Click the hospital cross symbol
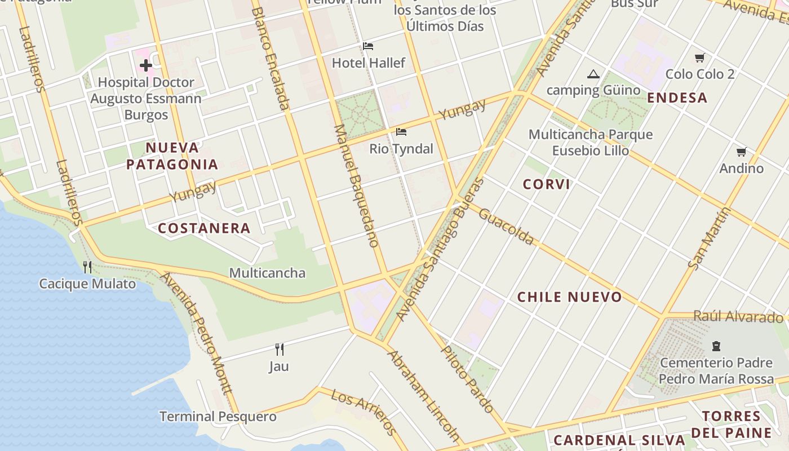(146, 65)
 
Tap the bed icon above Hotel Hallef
(368, 46)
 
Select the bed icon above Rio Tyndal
(401, 132)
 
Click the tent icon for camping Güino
(593, 74)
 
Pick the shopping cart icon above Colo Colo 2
(700, 58)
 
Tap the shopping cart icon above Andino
(742, 152)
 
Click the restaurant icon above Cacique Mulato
(87, 266)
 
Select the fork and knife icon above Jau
(279, 349)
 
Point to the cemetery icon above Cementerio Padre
(716, 346)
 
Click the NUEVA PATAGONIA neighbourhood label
(172, 156)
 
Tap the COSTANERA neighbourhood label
(204, 228)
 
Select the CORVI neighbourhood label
(546, 184)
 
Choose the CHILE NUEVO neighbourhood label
(570, 297)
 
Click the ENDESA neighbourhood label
(677, 98)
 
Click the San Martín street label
(710, 238)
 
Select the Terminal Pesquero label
(218, 417)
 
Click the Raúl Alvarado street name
(738, 316)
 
